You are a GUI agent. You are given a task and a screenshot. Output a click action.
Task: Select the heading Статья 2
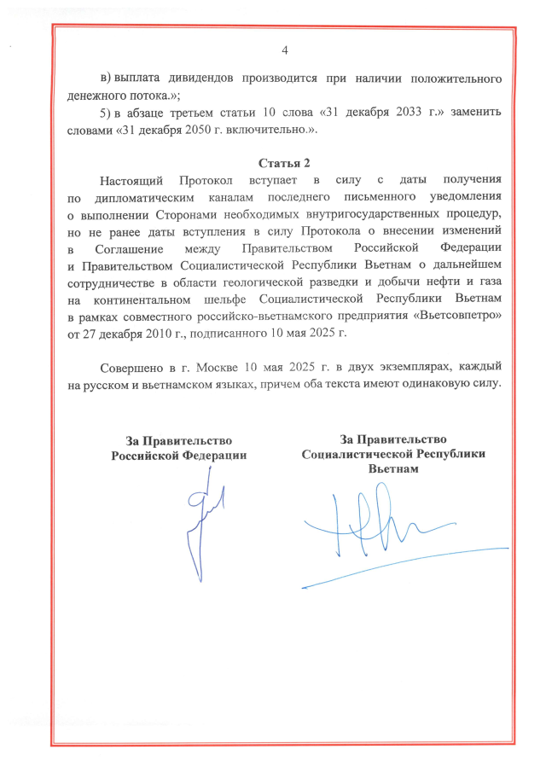[x=285, y=162]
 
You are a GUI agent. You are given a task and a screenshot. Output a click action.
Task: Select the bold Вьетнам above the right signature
[x=393, y=469]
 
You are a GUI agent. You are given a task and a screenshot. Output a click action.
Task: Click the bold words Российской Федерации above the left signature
[x=179, y=455]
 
